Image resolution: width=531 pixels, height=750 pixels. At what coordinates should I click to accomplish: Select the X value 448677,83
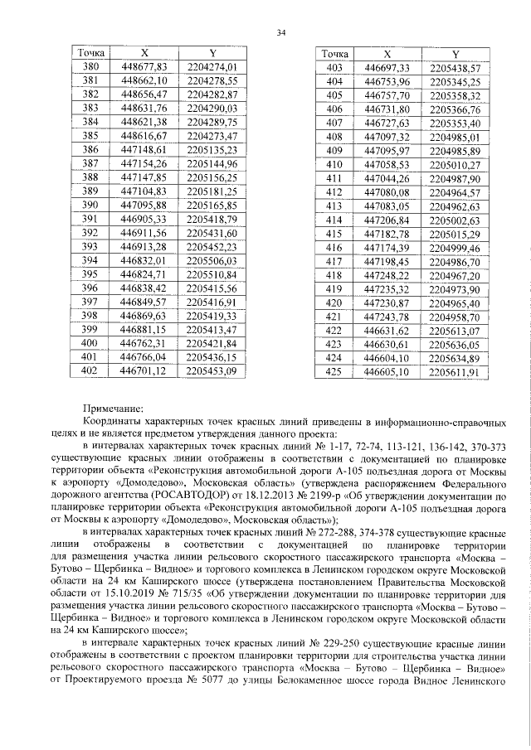[x=144, y=66]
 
